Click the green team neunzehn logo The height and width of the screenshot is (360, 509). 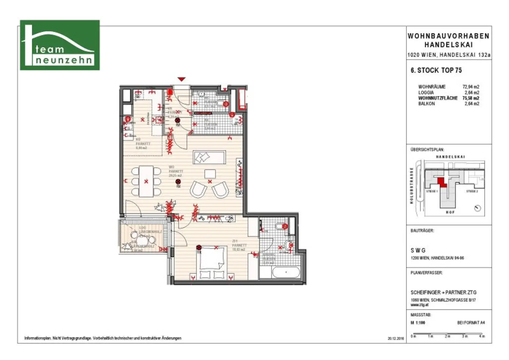[60, 45]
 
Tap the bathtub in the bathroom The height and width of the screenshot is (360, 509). [286, 273]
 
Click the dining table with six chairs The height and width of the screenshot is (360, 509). [146, 181]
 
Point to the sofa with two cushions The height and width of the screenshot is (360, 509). [209, 157]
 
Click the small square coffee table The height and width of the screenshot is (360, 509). [210, 174]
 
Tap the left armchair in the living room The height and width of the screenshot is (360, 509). [198, 189]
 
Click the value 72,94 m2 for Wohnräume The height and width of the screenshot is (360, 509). [471, 87]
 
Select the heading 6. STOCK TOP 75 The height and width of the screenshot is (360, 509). [436, 70]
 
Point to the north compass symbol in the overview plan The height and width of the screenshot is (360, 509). [478, 208]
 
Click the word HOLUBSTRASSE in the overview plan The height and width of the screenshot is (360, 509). [412, 185]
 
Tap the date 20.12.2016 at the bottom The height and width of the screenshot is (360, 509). [396, 338]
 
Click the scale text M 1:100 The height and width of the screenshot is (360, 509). [418, 323]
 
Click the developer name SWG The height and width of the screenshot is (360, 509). [418, 250]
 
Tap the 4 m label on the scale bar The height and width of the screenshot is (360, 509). [482, 336]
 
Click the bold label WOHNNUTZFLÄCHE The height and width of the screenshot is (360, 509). [438, 98]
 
